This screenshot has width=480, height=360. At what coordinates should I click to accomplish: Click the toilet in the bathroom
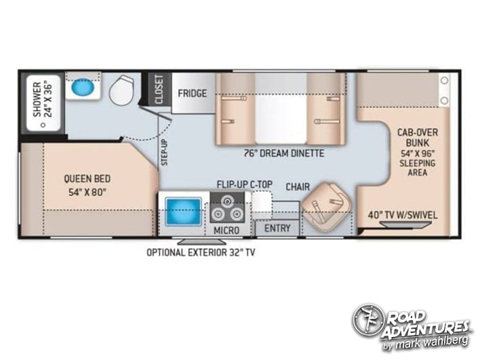121,90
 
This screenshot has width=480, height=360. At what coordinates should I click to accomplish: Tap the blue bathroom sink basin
83,87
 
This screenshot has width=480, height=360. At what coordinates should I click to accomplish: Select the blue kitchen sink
183,212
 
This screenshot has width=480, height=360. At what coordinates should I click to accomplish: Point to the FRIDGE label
193,93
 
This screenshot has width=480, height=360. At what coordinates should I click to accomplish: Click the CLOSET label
159,89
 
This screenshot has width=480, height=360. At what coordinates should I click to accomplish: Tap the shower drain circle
43,125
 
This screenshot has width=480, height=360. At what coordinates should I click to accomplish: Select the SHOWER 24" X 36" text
43,99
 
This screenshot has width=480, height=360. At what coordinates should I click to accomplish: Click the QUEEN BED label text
87,178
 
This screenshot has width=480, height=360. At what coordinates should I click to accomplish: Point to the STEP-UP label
164,152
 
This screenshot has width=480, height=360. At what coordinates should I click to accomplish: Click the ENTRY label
277,228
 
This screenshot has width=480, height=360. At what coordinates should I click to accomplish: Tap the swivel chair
326,207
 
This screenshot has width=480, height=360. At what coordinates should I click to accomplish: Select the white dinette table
281,108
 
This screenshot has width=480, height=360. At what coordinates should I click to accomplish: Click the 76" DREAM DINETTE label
284,153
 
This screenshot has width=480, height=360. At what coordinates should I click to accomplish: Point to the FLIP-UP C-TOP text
245,184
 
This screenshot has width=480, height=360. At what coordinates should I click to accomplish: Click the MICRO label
226,231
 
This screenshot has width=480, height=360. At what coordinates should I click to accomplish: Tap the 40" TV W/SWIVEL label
403,215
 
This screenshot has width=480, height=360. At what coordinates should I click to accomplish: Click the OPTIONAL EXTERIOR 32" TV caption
201,252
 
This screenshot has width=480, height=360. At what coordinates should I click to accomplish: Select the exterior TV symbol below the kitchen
202,241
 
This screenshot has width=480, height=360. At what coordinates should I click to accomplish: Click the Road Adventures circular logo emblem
368,320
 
